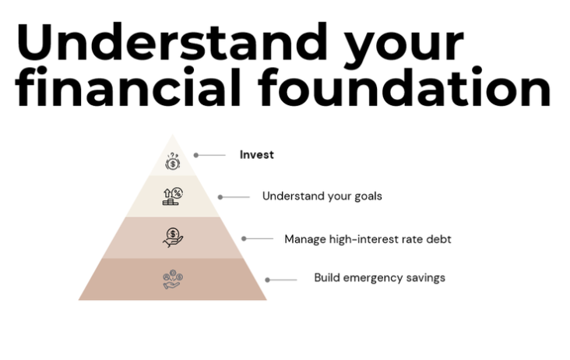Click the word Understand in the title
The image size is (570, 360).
tap(171, 42)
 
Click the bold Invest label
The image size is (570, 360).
tap(257, 154)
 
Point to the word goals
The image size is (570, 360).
tap(368, 196)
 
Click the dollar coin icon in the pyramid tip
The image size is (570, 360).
tap(172, 161)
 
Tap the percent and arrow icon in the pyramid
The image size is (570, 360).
tap(172, 196)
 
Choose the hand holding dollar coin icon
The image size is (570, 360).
tap(173, 238)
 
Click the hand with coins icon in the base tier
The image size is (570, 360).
tap(173, 280)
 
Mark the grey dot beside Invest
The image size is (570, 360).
tap(196, 155)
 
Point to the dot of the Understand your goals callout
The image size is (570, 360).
tap(220, 197)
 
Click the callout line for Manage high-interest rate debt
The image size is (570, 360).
tap(259, 238)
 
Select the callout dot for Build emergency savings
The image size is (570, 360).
tap(267, 280)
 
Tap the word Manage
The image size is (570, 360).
tap(305, 239)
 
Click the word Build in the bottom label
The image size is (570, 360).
tap(327, 277)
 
